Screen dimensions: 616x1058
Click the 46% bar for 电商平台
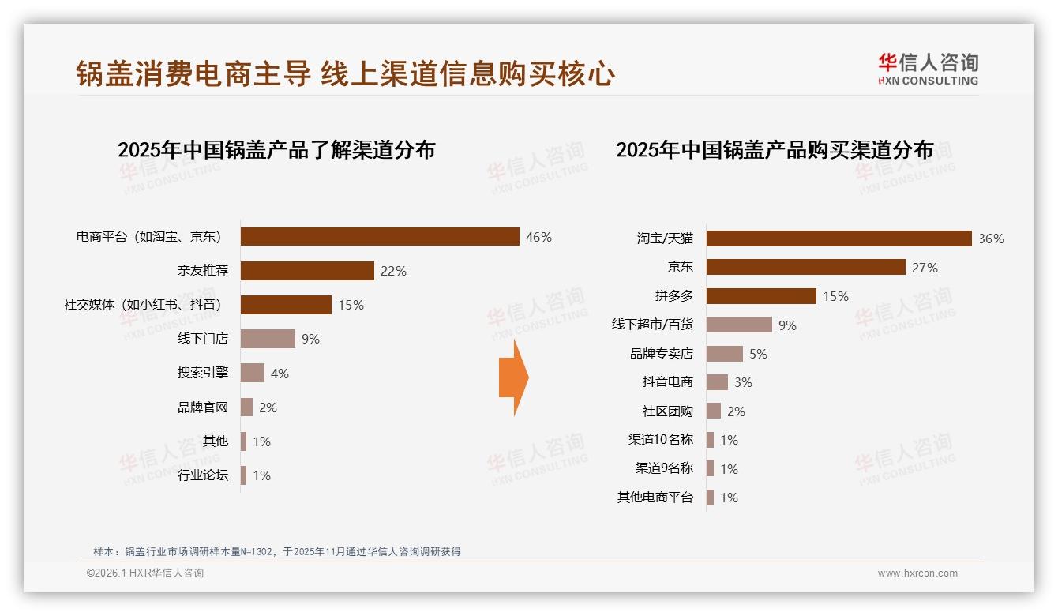[380, 237]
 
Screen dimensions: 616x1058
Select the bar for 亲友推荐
[307, 271]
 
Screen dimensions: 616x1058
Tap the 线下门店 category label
[203, 339]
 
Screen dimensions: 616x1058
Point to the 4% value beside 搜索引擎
[280, 374]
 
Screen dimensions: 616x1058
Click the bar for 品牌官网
[246, 408]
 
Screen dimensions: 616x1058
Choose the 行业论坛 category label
[203, 475]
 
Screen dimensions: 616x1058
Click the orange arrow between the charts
[513, 378]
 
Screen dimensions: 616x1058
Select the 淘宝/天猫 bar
[839, 239]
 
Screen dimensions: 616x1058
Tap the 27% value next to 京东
[925, 268]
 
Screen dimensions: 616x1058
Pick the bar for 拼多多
[761, 296]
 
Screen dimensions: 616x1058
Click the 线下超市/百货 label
[652, 325]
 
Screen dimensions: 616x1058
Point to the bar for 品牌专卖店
[724, 354]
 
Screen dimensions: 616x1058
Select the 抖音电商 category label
[667, 382]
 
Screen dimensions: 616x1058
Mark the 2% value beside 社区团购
[736, 411]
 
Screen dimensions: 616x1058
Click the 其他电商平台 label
[655, 498]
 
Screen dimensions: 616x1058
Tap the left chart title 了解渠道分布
[276, 150]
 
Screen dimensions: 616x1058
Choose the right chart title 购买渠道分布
[775, 150]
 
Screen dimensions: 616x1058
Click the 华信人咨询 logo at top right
[928, 69]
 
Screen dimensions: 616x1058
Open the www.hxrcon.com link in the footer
[917, 573]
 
